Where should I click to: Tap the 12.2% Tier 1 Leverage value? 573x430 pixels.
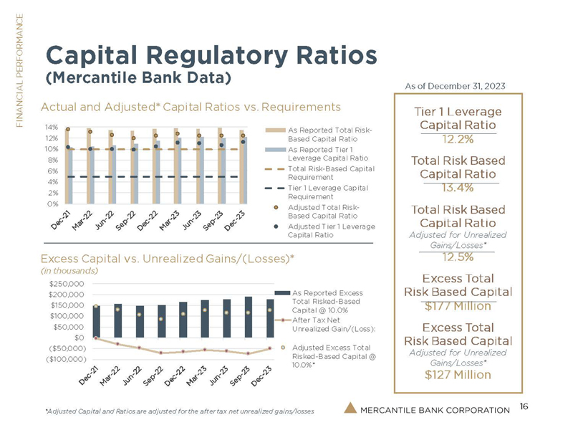457,139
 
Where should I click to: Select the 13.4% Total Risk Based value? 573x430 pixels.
457,188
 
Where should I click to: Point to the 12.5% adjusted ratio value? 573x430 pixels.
457,257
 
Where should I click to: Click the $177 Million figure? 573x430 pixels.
457,307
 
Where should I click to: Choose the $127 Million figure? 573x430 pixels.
457,373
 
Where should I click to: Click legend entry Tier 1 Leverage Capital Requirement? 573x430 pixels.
327,191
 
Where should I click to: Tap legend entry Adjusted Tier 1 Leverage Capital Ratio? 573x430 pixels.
327,230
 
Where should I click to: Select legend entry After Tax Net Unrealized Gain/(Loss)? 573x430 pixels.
327,324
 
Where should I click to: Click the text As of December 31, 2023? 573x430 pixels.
456,86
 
